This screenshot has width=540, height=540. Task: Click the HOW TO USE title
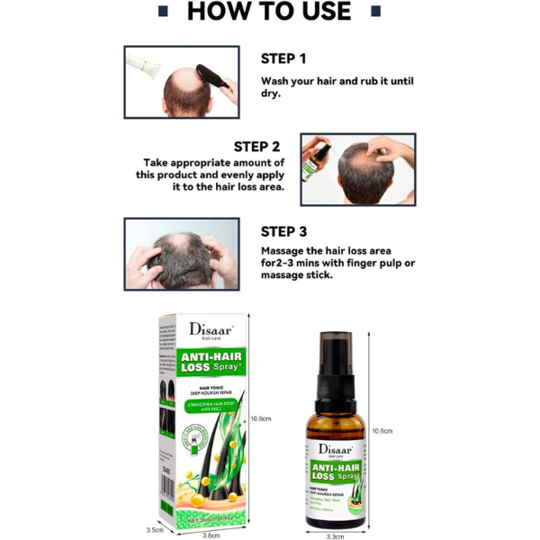(x=269, y=12)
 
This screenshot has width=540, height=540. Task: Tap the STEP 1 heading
(x=283, y=58)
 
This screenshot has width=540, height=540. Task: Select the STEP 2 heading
(x=256, y=146)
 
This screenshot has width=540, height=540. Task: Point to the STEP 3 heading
(x=283, y=229)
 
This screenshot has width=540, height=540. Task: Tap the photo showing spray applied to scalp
(x=357, y=169)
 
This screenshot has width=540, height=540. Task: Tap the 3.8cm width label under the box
(x=211, y=534)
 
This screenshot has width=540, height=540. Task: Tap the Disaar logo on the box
(x=211, y=330)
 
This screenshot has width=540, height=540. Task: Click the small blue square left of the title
(x=162, y=11)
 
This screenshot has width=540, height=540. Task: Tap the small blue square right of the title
(x=376, y=11)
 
